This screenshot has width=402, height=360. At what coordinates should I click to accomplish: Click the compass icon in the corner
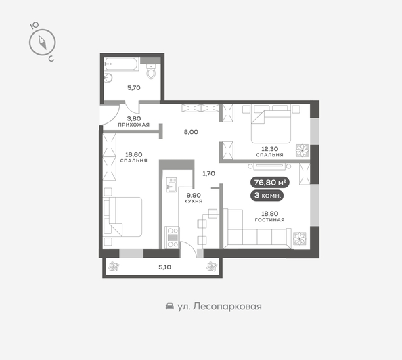coord(41,42)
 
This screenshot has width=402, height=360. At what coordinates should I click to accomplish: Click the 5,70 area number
coord(133,88)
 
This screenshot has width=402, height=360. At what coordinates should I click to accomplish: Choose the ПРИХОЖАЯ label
coord(133,125)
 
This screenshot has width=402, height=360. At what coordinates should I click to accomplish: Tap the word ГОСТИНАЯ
coord(269,220)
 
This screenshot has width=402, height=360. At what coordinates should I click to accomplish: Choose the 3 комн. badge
coord(267,195)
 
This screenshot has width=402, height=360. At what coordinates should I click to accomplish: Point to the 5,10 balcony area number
coord(164,266)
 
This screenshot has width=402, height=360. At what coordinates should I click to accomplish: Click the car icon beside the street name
coord(169,307)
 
